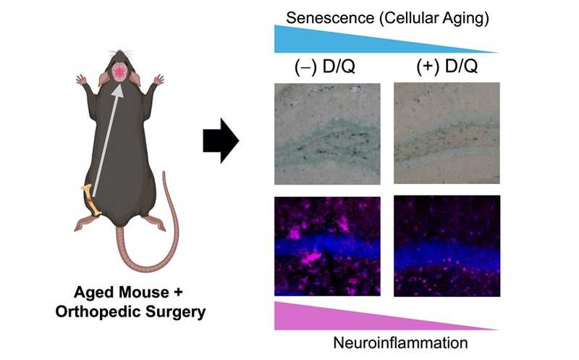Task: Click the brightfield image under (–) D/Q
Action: (x=327, y=133)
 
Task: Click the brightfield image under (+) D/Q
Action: (x=447, y=133)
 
